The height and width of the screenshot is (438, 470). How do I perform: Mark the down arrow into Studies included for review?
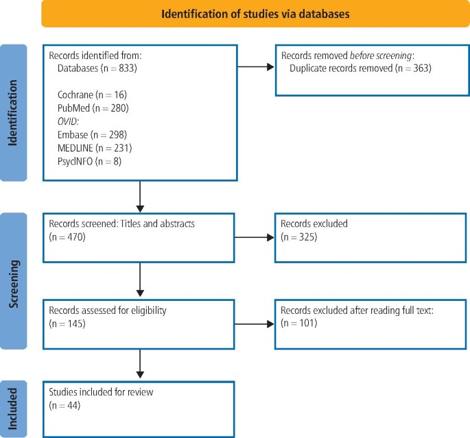click(140, 364)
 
